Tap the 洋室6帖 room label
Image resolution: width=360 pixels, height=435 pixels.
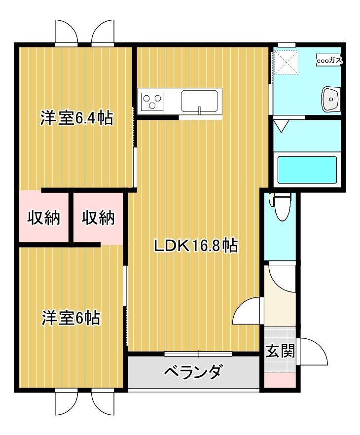[x=70, y=318]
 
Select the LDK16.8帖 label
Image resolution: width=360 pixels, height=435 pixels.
[x=196, y=245]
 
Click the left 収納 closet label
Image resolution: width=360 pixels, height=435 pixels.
[x=43, y=217]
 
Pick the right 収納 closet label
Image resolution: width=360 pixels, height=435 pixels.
[x=98, y=217]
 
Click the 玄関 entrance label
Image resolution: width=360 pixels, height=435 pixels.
[x=280, y=351]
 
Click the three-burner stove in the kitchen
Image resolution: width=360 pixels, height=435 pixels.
[x=152, y=101]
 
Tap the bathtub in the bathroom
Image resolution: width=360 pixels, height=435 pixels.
[x=307, y=169]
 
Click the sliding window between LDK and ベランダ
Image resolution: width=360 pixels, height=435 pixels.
[x=198, y=353]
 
